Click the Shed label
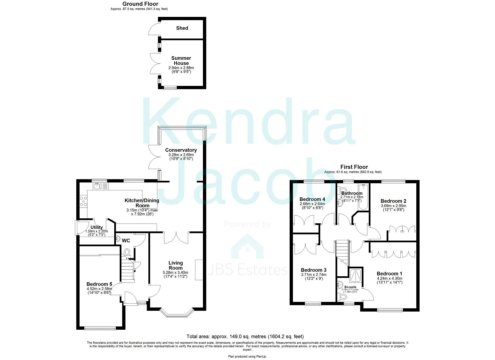click(x=182, y=28)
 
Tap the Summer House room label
click(x=181, y=61)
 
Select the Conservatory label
click(x=181, y=150)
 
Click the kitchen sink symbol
click(x=98, y=186)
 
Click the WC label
click(x=126, y=240)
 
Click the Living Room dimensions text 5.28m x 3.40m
click(x=175, y=272)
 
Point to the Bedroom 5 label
click(x=99, y=284)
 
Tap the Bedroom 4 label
click(x=312, y=199)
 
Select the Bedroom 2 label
click(x=393, y=201)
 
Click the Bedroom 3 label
click(x=313, y=270)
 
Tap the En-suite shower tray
click(x=356, y=275)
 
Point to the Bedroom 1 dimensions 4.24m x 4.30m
click(x=390, y=278)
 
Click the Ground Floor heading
click(x=140, y=4)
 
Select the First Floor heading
click(x=354, y=167)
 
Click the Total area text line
click(x=245, y=337)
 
